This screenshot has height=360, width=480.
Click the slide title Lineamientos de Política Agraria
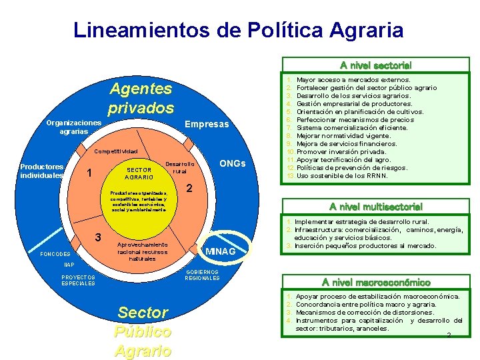click(238, 30)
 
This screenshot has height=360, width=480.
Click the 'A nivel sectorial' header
click(375, 65)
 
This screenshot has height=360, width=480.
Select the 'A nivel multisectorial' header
click(375, 207)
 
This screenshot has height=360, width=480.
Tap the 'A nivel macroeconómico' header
click(375, 282)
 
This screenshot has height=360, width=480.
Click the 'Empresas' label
click(207, 125)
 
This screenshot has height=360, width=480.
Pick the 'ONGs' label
click(233, 164)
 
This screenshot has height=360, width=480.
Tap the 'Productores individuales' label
click(41, 171)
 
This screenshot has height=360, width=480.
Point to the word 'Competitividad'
click(115, 151)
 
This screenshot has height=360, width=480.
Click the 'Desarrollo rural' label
click(179, 167)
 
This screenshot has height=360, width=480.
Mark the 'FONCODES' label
click(55, 255)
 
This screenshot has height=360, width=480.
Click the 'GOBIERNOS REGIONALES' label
click(202, 275)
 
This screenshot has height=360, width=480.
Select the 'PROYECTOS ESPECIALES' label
click(78, 280)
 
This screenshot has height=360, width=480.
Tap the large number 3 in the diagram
click(98, 238)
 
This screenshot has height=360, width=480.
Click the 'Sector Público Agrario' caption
click(143, 331)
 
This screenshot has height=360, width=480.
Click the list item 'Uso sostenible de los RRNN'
click(341, 176)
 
